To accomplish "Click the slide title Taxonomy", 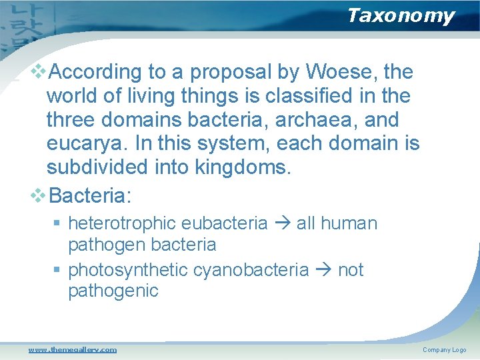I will coord(400,15).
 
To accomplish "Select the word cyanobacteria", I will coord(251,270).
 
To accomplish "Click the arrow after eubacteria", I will coord(282,223).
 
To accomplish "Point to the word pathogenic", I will coord(113,291).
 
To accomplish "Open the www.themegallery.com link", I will coord(72,349).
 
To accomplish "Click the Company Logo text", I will coord(444,350).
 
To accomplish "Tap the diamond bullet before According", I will coord(39,71).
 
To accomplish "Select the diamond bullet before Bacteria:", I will coord(39,195).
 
